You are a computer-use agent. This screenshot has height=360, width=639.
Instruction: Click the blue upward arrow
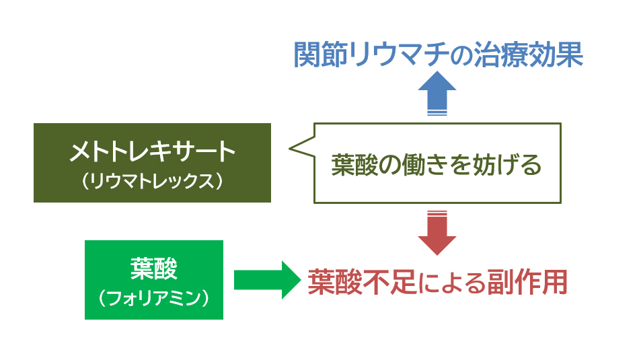[437, 93]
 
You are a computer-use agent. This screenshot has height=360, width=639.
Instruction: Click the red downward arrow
[437, 233]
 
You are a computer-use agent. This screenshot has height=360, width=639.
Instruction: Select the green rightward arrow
[267, 280]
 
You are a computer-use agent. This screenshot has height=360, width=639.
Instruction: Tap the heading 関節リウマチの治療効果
[438, 55]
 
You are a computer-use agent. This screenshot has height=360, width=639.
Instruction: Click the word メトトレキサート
[153, 151]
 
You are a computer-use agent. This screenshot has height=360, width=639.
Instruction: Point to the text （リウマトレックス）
[153, 180]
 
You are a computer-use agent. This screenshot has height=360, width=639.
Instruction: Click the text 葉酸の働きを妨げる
[437, 165]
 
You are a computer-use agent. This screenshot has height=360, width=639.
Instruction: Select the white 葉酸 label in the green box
[153, 268]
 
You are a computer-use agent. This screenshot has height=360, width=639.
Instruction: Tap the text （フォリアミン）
[153, 298]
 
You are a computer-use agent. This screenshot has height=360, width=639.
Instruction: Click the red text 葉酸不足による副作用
[438, 282]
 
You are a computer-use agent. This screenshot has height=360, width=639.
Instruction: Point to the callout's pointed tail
[290, 148]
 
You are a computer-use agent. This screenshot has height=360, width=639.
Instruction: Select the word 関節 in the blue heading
[320, 55]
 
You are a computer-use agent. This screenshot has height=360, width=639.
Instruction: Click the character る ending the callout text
[531, 165]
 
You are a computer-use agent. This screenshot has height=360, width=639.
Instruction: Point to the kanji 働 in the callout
[414, 165]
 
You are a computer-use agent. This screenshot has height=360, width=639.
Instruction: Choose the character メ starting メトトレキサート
[80, 151]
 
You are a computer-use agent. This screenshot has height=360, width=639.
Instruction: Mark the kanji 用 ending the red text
[555, 282]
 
